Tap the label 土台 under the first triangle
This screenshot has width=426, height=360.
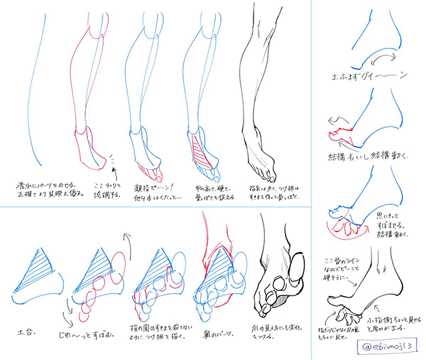point(25,328)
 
